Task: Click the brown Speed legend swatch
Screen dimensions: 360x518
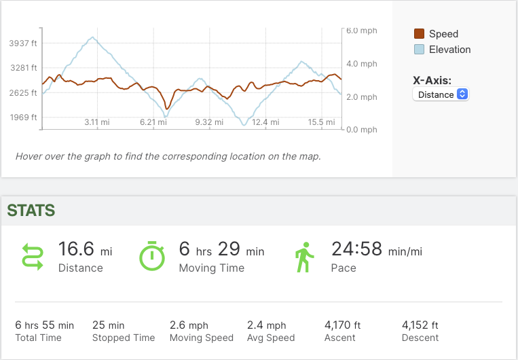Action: (x=420, y=34)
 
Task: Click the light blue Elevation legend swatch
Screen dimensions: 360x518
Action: (x=420, y=50)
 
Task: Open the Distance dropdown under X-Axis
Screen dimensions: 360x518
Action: (x=441, y=94)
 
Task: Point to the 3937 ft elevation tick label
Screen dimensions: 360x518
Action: (x=23, y=43)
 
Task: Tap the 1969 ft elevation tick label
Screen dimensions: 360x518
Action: (x=23, y=118)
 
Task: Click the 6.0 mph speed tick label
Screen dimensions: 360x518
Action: (x=361, y=31)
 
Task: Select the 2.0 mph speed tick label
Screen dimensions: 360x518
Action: (x=361, y=97)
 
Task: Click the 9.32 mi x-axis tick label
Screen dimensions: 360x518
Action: (x=208, y=122)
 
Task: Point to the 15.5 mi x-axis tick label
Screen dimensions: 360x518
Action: (x=321, y=122)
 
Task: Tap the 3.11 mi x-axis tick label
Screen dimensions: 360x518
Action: (x=96, y=122)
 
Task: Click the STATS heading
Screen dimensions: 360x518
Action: (x=31, y=211)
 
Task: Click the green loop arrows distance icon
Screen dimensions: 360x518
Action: (x=33, y=257)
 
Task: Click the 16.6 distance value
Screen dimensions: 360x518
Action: (x=75, y=249)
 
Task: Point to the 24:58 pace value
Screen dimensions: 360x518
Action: (x=357, y=249)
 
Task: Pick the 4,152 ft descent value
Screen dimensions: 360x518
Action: (x=420, y=325)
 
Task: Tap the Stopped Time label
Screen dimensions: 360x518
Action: (x=124, y=338)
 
